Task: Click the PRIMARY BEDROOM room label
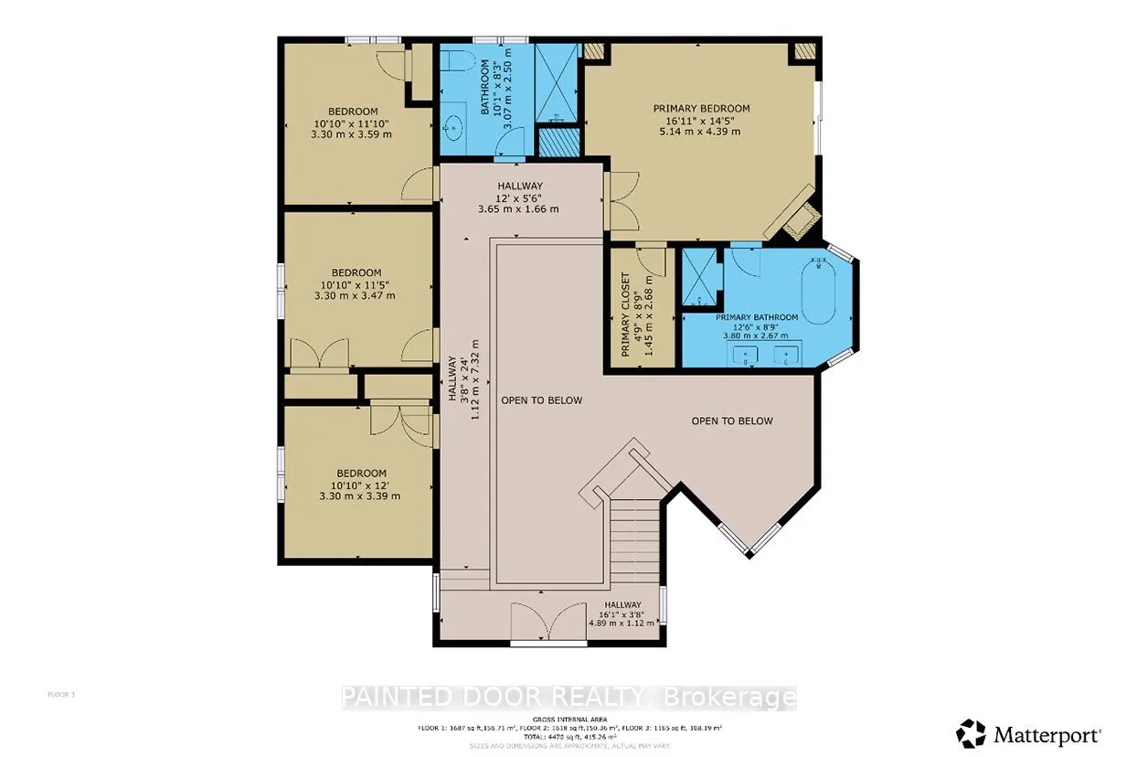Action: (x=701, y=108)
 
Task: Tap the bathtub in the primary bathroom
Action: (x=820, y=290)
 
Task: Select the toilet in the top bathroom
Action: (x=459, y=67)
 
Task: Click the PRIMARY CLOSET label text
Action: (x=626, y=315)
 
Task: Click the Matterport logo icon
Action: (x=971, y=733)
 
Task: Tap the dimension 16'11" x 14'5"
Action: (x=701, y=120)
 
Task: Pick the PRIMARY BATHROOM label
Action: (x=757, y=317)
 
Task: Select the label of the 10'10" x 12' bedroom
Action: (x=358, y=473)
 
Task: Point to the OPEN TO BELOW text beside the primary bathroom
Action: (x=731, y=421)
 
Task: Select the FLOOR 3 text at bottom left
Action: (x=61, y=695)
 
